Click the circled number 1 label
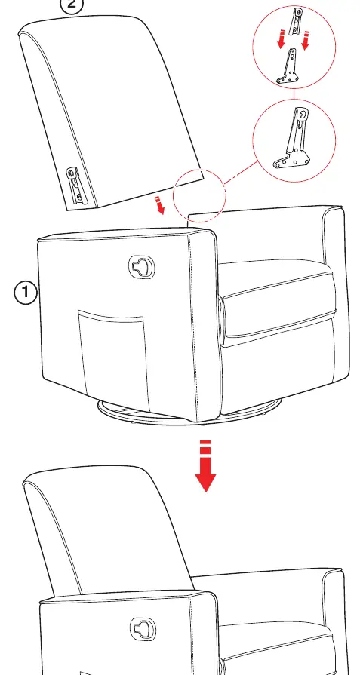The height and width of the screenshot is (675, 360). click(x=26, y=293)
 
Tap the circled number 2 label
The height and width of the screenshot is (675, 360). click(x=71, y=5)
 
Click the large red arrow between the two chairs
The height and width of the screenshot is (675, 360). click(x=205, y=466)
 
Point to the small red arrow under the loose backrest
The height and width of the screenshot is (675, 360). click(x=160, y=205)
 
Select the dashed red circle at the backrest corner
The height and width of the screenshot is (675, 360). click(x=173, y=196)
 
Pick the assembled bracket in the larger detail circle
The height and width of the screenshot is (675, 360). click(x=294, y=139)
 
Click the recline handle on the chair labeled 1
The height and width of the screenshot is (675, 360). click(x=142, y=267)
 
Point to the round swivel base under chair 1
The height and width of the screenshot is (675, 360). click(x=189, y=414)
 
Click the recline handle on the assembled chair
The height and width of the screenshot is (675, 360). click(x=143, y=628)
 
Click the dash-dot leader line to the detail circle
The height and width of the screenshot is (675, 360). click(x=242, y=173)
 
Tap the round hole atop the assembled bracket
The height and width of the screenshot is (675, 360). click(x=303, y=115)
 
